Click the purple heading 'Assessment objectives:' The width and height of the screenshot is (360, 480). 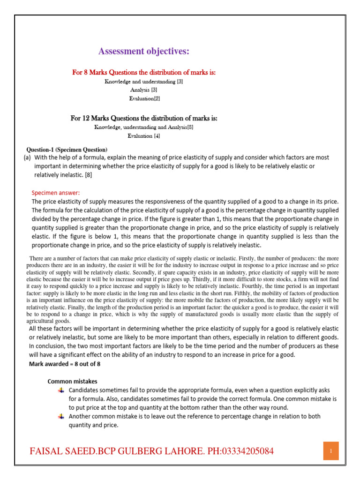143,52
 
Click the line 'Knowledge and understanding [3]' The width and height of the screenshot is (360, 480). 144,82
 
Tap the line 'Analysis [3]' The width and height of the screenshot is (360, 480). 144,90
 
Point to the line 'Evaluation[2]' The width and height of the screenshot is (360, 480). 144,98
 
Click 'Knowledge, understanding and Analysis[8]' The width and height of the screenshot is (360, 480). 144,127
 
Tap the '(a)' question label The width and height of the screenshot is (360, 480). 27,158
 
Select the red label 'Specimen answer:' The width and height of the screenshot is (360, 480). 56,193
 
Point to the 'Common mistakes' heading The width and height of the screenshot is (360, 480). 73,381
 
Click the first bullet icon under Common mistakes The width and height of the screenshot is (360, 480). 61,390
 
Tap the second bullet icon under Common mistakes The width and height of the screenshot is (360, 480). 61,416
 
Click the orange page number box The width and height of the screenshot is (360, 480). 331,451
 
